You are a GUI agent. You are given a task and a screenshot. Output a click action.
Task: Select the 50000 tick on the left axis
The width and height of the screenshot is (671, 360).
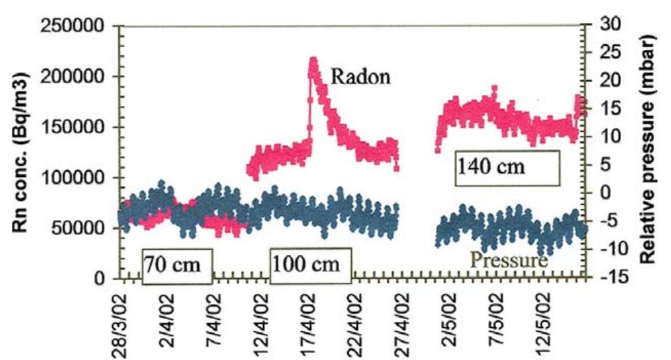coord(79,228)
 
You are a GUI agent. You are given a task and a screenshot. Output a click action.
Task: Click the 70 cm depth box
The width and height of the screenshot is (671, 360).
coord(177,264)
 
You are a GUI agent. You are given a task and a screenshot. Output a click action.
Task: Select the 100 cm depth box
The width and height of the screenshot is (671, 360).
coord(311,264)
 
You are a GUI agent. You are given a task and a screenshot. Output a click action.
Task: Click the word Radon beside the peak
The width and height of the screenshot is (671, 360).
coord(360,77)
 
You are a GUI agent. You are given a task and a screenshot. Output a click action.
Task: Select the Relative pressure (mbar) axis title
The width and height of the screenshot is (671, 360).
coord(650,148)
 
